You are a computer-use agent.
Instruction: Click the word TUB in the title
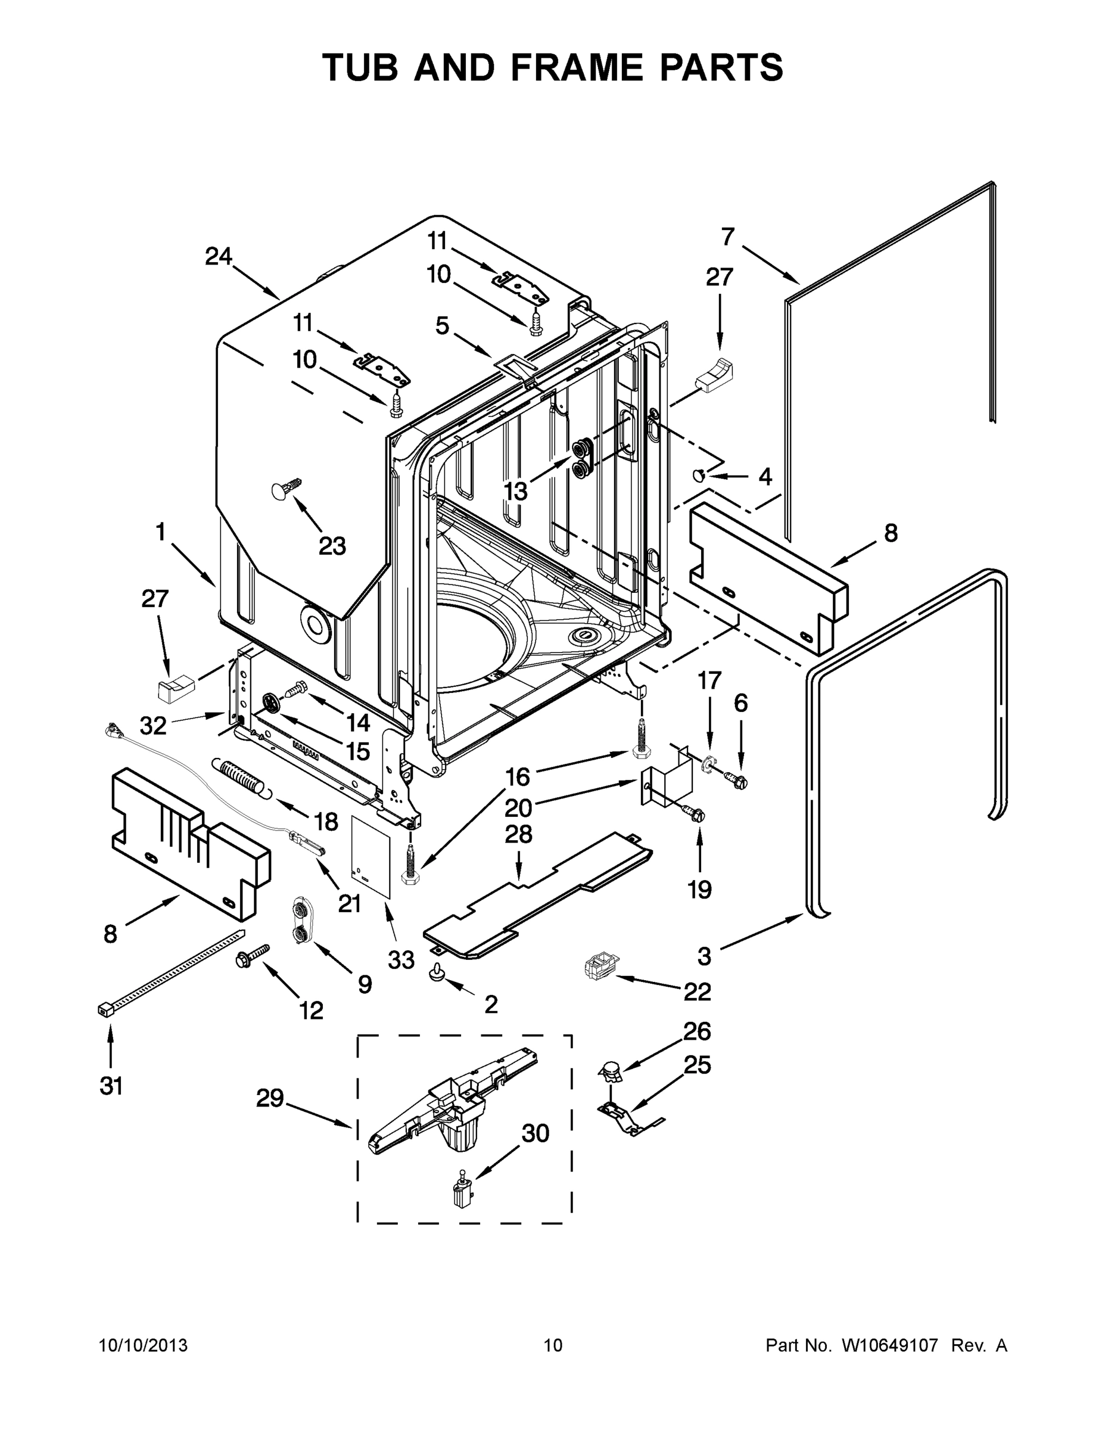(x=360, y=67)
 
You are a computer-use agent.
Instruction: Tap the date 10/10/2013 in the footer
(x=144, y=1345)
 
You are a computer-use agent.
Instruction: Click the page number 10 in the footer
(x=553, y=1345)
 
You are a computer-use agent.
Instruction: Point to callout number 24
(x=218, y=256)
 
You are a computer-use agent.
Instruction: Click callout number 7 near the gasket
(x=728, y=237)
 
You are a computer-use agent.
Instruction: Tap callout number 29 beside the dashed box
(x=270, y=1098)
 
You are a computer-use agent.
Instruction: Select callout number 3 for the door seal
(x=704, y=956)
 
